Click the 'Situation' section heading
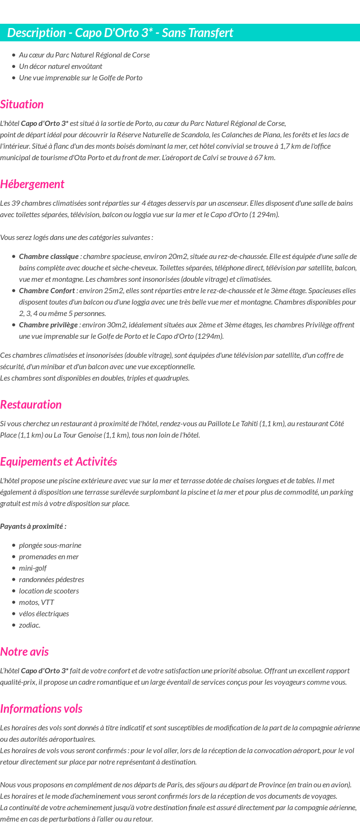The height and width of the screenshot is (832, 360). tap(22, 105)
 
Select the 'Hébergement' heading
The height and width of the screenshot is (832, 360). tap(32, 184)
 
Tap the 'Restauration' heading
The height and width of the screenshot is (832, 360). tap(31, 405)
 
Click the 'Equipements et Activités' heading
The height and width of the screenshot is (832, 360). tap(58, 462)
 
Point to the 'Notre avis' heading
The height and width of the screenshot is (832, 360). tap(24, 652)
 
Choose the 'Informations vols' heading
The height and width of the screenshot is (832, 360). tap(41, 709)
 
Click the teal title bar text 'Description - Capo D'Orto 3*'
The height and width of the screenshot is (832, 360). tap(120, 33)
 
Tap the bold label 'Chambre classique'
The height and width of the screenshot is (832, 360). tap(48, 257)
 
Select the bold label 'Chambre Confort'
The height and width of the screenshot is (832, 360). tap(47, 291)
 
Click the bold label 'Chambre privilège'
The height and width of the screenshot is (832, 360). tap(48, 325)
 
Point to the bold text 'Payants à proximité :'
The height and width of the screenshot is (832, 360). tap(33, 526)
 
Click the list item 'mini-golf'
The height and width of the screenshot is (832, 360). tap(33, 568)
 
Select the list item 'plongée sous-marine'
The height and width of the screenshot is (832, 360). tap(50, 545)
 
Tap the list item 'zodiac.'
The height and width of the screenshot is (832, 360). tap(29, 625)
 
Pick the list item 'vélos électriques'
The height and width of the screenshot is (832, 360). tap(44, 614)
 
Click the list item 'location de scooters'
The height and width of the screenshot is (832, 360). tap(49, 591)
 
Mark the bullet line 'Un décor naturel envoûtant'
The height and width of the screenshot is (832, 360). tap(60, 67)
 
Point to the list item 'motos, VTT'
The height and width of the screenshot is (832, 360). tap(37, 602)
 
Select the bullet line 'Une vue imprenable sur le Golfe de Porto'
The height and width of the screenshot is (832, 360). tap(81, 78)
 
